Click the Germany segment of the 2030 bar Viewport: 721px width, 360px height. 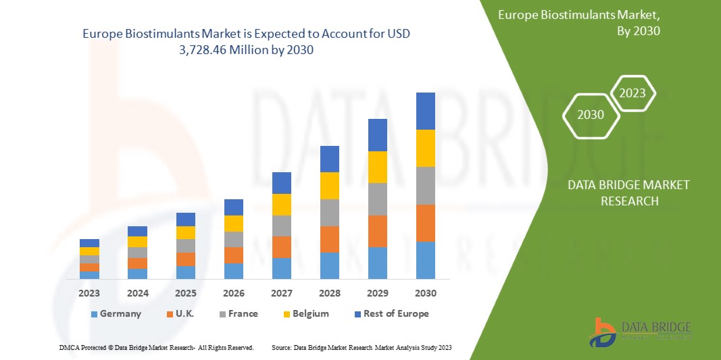425,260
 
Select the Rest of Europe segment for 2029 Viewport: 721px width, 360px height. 377,135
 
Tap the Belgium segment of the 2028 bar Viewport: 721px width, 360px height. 329,186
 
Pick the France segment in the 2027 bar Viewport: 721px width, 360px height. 281,226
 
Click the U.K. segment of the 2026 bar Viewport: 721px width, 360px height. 233,255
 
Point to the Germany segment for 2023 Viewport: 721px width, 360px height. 89,275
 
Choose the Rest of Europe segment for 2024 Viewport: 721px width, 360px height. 137,231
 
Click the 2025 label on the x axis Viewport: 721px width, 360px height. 185,293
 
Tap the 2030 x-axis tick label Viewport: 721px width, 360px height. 425,293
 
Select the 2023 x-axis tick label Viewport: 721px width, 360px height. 89,293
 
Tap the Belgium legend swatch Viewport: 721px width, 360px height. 287,314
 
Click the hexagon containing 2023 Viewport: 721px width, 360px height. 632,93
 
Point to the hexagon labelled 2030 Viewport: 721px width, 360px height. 591,115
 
